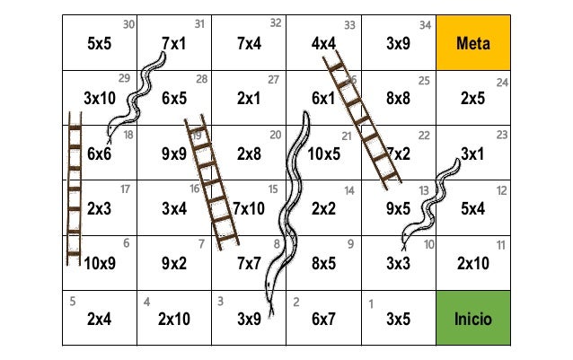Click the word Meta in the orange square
(x=473, y=43)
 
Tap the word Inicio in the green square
(x=473, y=319)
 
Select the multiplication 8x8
(x=399, y=99)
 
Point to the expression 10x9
(x=100, y=264)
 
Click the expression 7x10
(x=249, y=209)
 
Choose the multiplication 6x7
(x=323, y=319)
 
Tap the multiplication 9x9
(x=174, y=154)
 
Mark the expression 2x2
(x=323, y=209)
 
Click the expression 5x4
(x=472, y=209)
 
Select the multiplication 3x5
(x=399, y=319)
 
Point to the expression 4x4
(x=323, y=43)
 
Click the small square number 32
(x=276, y=22)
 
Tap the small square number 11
(x=500, y=244)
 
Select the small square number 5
(x=72, y=300)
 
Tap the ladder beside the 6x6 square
(x=75, y=193)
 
